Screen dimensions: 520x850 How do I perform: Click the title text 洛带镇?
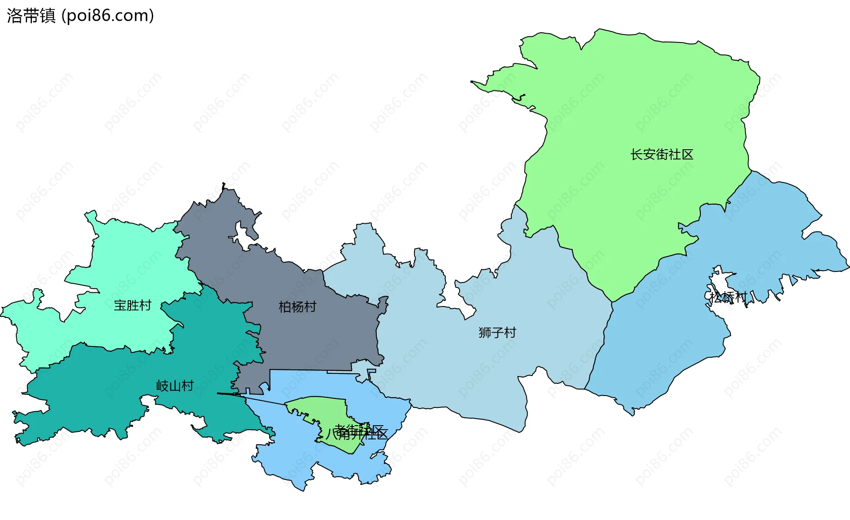[31, 16]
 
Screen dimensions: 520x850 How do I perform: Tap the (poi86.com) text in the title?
[108, 16]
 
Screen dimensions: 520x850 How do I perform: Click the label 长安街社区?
[661, 155]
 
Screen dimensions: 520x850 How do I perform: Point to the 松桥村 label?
[728, 297]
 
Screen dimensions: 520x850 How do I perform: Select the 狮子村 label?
[497, 333]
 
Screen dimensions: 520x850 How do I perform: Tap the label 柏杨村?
[297, 307]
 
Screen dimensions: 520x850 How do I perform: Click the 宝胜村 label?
[132, 306]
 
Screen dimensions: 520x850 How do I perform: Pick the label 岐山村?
[175, 386]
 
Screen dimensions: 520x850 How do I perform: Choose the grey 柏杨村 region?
[310, 337]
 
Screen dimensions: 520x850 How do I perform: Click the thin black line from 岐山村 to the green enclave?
[252, 398]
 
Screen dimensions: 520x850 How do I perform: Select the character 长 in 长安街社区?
[637, 155]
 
